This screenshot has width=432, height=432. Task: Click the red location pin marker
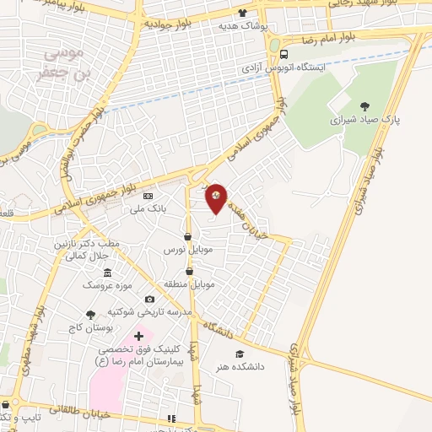coord(217,198)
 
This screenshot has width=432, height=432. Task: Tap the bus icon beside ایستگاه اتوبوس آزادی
coord(283,54)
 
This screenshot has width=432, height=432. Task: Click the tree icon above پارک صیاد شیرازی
coord(364,106)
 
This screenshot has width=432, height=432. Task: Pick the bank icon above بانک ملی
coord(149,196)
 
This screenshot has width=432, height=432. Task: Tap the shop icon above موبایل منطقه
coord(189,272)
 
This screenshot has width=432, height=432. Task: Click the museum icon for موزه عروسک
coord(107,273)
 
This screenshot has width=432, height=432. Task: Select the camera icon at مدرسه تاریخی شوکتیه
coord(150,300)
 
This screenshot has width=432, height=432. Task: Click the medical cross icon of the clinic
coord(139,337)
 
